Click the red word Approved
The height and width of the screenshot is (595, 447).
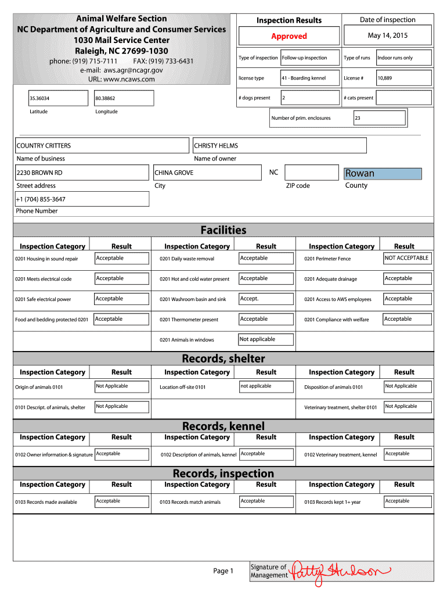(x=289, y=36)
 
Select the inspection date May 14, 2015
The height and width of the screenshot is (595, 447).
(x=387, y=35)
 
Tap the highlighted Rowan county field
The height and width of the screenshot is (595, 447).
(x=383, y=174)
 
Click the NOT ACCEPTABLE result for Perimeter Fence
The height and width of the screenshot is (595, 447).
(x=407, y=258)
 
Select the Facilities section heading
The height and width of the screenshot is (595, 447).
(x=223, y=230)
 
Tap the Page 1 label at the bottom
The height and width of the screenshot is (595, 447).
(x=223, y=571)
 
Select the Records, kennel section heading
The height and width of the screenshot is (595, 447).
(x=223, y=426)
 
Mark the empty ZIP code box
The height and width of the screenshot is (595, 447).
(x=311, y=173)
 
